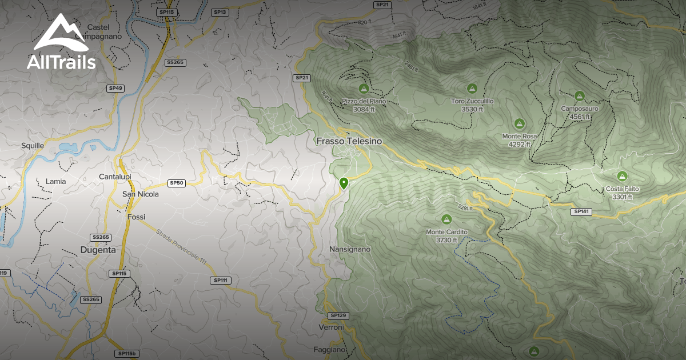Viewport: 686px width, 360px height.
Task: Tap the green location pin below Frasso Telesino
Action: click(344, 183)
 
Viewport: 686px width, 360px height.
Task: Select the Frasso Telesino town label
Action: click(348, 141)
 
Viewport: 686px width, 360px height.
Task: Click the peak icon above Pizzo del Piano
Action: click(363, 89)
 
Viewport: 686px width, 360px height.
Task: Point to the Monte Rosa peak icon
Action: click(519, 123)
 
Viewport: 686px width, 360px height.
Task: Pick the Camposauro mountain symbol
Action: click(579, 95)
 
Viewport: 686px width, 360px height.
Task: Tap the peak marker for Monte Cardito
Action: click(446, 219)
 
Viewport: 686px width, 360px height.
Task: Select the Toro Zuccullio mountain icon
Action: click(472, 89)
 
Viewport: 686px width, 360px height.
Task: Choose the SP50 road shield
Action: click(177, 183)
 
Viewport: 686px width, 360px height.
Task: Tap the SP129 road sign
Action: click(338, 315)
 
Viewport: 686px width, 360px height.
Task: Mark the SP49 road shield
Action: click(115, 88)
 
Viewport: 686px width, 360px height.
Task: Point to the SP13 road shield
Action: click(220, 12)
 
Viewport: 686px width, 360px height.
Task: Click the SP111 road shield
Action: click(220, 280)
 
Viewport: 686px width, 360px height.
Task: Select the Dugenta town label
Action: click(98, 250)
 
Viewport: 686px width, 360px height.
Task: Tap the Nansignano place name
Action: click(350, 249)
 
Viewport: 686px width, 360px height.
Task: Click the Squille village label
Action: click(33, 146)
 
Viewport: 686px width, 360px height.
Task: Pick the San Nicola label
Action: click(141, 194)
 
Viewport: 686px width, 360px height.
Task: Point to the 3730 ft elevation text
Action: click(446, 240)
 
